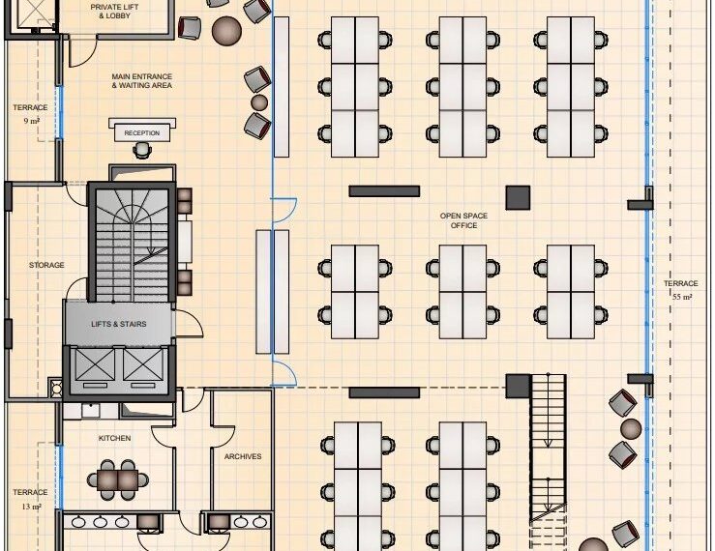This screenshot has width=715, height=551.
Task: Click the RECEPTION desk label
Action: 142,133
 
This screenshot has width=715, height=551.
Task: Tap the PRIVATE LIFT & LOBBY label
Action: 114,12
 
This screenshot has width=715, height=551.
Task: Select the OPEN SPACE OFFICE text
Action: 463,220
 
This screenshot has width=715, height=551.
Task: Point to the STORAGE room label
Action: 46,265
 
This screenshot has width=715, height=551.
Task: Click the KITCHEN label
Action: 114,438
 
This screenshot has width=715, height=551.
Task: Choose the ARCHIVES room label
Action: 243,456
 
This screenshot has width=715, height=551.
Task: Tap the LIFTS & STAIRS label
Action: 119,324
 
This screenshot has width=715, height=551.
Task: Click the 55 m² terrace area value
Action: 682,297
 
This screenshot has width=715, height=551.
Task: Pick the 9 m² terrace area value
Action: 32,121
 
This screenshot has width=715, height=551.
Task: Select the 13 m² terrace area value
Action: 32,507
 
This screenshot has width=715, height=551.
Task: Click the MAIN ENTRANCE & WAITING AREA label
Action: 142,80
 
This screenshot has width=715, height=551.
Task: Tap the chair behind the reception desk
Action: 142,150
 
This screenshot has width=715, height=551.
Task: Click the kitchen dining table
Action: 117,479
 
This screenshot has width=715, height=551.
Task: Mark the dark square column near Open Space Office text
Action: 518,197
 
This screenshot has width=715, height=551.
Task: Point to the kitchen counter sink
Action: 90,410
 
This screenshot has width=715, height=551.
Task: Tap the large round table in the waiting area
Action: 226,31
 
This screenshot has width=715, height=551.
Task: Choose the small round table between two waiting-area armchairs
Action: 259,102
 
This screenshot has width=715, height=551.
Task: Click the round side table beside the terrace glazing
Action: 631,429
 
